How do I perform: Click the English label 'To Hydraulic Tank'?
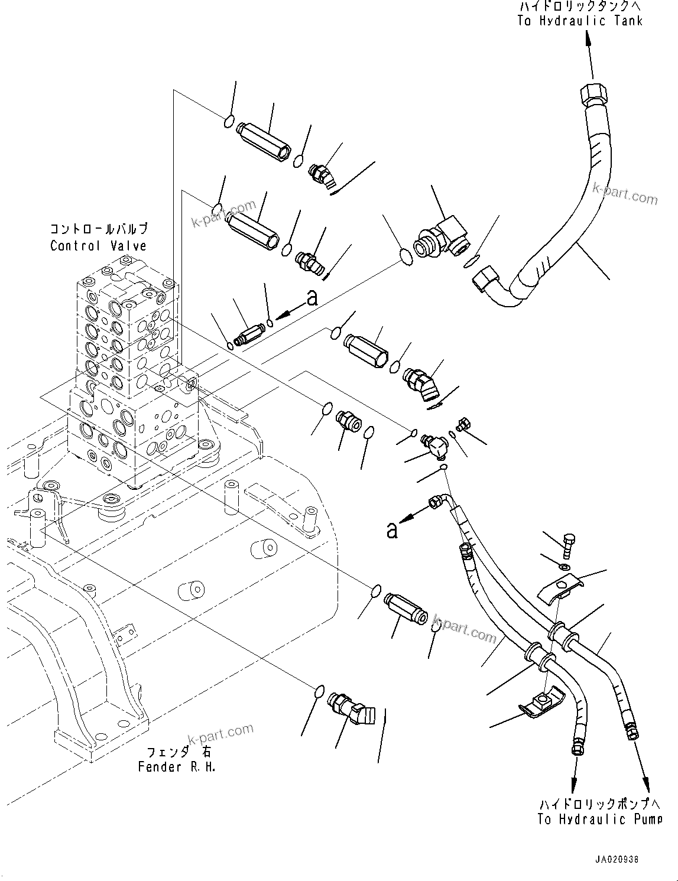579,21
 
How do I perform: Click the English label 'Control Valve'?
98,246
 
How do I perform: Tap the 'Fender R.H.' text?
177,767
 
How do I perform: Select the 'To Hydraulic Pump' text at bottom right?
600,819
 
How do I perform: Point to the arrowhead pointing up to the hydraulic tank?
588,38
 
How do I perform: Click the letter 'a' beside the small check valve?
312,298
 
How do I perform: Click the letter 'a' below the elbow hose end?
391,530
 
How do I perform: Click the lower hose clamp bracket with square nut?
540,704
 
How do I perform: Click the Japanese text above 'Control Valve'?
98,229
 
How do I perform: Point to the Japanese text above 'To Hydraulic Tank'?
579,7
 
